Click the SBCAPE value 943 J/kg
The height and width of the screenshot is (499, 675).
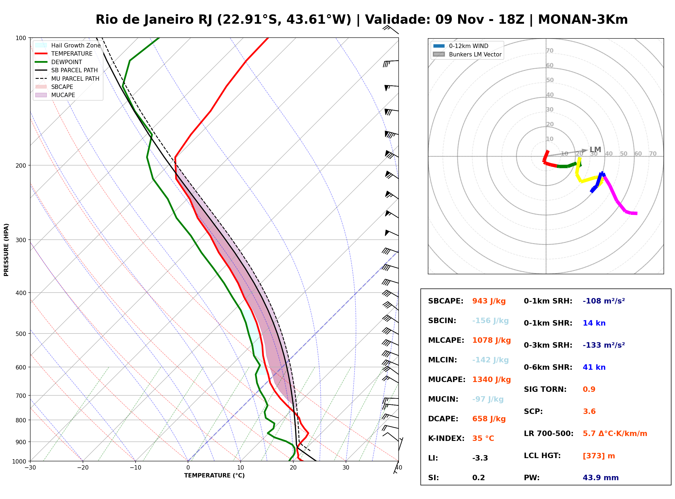[489, 301]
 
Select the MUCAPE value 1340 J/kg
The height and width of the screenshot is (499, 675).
[492, 380]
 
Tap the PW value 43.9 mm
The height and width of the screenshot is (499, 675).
[601, 478]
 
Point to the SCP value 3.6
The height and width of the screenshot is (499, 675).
[589, 411]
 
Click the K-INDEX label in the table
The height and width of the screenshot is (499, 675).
[446, 438]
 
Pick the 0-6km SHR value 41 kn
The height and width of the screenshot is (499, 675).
[594, 367]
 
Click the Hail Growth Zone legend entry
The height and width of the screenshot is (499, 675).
[68, 45]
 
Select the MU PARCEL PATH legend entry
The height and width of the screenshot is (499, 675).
[67, 79]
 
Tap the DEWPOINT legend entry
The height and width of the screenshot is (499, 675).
[59, 62]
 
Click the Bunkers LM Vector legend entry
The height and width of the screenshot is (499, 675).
[467, 54]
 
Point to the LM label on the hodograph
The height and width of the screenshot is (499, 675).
[595, 149]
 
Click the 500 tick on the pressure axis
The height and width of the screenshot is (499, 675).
[21, 334]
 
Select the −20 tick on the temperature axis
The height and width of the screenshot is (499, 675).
[83, 468]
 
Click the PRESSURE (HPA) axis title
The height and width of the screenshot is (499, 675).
[6, 250]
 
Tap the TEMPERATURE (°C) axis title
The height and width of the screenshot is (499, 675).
[214, 476]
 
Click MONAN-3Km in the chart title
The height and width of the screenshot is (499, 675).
[583, 20]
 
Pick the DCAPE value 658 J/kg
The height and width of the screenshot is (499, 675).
[489, 419]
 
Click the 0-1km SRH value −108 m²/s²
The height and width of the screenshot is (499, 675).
[604, 301]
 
